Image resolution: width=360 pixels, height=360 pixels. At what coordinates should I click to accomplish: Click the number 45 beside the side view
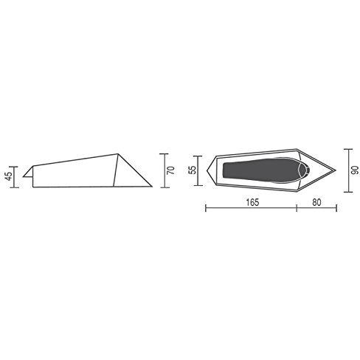tap(7, 176)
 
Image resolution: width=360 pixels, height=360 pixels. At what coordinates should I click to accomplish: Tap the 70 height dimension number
tap(170, 170)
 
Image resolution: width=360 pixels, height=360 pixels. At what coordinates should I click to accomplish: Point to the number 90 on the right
tap(355, 169)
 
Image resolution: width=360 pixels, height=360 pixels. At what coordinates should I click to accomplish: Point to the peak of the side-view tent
tap(117, 153)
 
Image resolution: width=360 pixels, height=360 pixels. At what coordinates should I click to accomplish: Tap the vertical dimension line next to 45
tap(15, 176)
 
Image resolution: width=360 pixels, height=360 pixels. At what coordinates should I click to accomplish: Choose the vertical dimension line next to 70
tap(162, 170)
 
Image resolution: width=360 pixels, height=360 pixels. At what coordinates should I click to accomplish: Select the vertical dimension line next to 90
tap(345, 169)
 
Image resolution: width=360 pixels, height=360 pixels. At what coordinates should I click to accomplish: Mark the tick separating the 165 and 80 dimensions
tap(297, 210)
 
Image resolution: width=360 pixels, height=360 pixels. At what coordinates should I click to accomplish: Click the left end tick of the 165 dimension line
tap(205, 210)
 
